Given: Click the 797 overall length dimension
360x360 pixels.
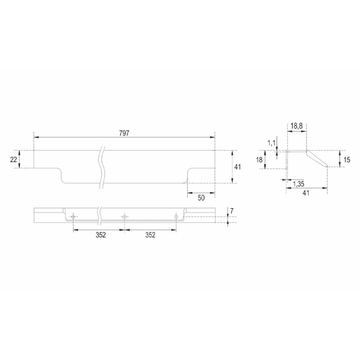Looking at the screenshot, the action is (124, 133).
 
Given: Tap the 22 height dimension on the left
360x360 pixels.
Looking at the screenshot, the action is (13, 159).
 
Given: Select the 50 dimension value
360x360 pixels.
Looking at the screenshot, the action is (201, 197).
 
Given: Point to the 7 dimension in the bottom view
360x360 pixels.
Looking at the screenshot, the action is (232, 211).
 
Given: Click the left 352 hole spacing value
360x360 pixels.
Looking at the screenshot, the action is (101, 235).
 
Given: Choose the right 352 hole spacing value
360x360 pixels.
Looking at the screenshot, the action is (150, 235).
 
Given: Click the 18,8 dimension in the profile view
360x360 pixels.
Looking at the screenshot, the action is (297, 126).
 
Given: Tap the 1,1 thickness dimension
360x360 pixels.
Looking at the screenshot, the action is (272, 143).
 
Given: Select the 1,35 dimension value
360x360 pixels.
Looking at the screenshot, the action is (299, 184).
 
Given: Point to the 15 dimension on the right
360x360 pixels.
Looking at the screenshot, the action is (347, 159).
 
